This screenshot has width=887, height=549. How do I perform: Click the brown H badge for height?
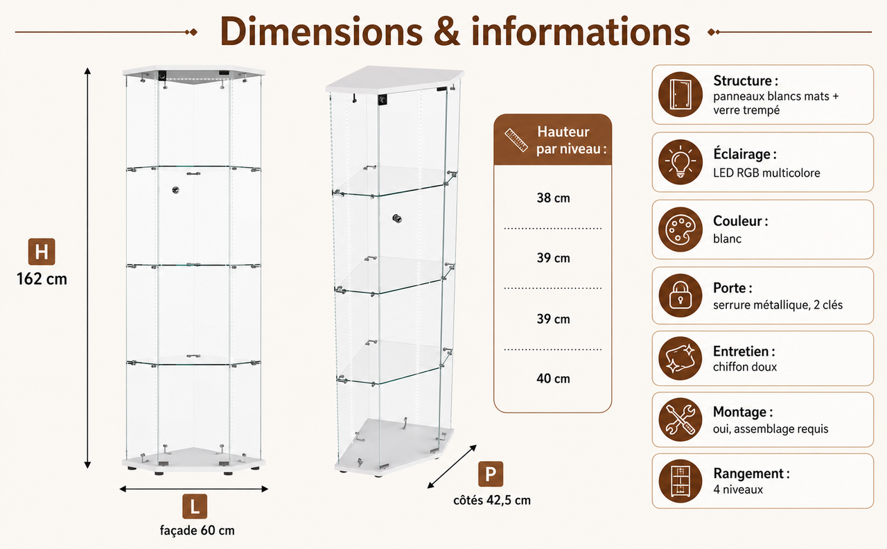[42, 252]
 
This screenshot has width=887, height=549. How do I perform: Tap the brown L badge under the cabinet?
[195, 506]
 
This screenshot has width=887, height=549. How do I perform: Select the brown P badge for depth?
[491, 473]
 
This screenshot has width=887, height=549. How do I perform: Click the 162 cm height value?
[42, 279]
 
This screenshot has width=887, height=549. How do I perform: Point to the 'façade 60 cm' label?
[197, 530]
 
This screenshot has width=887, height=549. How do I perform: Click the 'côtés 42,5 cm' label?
[492, 500]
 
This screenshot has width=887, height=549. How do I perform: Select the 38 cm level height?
[553, 198]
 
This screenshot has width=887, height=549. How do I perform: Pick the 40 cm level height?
[553, 378]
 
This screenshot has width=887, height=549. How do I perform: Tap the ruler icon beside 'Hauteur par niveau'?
[516, 140]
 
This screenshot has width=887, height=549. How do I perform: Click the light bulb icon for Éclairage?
[680, 162]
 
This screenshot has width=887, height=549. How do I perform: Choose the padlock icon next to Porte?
[680, 295]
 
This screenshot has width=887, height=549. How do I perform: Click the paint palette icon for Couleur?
[680, 229]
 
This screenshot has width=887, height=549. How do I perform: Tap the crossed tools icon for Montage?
[680, 419]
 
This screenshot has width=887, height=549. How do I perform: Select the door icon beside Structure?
[680, 94]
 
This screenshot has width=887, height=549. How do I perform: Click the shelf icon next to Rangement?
[680, 481]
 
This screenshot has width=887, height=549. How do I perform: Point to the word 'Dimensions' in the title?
[321, 31]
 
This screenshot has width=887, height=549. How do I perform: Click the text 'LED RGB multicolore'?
[766, 173]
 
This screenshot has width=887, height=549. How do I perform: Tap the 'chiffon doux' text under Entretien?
[745, 367]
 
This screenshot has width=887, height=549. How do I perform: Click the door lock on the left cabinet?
[175, 190]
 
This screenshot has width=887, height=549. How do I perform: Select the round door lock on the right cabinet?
[397, 218]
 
